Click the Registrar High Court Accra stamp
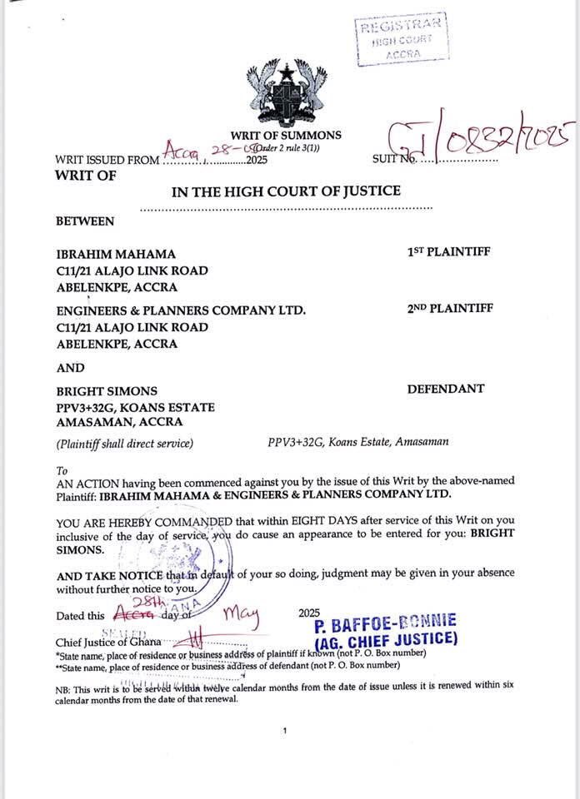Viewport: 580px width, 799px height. [399, 39]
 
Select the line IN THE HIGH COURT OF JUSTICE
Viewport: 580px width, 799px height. [286, 191]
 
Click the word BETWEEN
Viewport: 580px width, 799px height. [85, 221]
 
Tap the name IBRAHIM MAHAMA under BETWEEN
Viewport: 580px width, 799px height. [116, 254]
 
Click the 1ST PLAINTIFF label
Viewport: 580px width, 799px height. [450, 252]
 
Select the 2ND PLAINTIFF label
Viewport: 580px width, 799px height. [450, 309]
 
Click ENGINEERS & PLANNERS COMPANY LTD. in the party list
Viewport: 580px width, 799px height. [181, 310]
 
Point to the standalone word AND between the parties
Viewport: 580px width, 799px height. [70, 367]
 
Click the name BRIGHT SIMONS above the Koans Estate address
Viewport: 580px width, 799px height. [107, 390]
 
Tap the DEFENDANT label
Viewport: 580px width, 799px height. [445, 389]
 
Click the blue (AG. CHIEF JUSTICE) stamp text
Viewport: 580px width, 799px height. [387, 640]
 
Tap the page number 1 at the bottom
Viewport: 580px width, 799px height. [285, 730]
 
